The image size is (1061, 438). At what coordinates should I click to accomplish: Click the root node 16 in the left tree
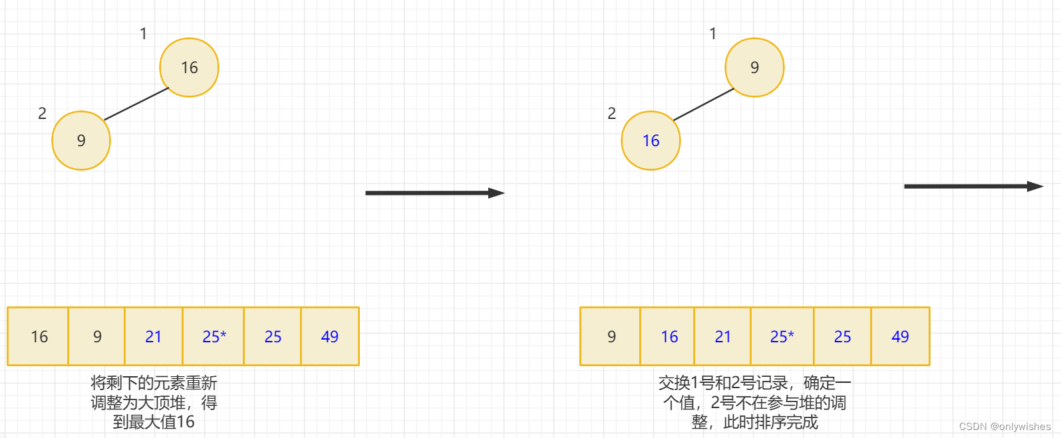click(x=189, y=67)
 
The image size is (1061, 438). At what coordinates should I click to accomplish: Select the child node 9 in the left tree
click(x=81, y=140)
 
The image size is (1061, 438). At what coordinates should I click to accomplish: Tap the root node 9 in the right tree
click(x=754, y=67)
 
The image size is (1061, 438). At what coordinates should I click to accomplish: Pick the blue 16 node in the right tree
click(x=651, y=140)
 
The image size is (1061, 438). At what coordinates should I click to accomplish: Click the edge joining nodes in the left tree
click(x=136, y=104)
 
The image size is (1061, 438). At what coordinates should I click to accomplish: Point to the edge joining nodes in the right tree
click(x=703, y=105)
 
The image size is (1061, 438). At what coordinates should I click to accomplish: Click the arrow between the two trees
click(x=435, y=193)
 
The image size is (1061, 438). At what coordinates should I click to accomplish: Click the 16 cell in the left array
click(x=39, y=336)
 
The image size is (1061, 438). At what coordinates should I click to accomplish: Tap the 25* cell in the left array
click(x=214, y=336)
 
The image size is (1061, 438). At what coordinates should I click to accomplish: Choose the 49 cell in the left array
click(x=330, y=336)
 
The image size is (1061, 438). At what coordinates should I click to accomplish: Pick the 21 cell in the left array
click(x=154, y=336)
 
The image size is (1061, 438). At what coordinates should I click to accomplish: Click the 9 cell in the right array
click(x=611, y=336)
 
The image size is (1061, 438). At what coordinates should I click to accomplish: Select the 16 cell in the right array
click(x=669, y=336)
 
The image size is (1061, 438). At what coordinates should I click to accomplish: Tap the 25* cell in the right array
click(x=782, y=336)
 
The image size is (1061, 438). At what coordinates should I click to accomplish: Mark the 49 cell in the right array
click(x=900, y=336)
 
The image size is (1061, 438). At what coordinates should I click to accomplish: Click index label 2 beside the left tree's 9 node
click(x=42, y=114)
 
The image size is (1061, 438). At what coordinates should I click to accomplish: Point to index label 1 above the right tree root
click(x=712, y=34)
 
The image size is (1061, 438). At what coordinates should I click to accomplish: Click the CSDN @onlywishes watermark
click(x=1004, y=427)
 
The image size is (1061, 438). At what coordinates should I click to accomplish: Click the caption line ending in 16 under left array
click(x=154, y=422)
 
